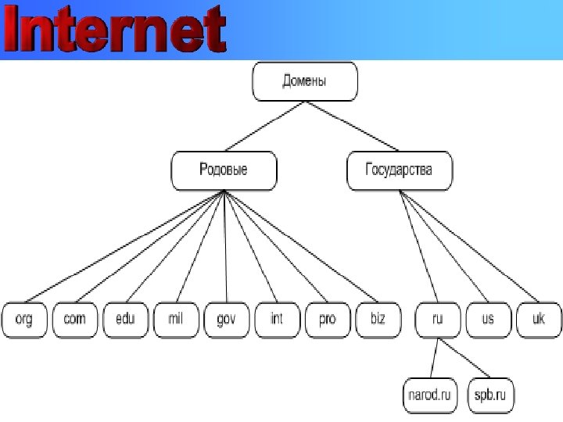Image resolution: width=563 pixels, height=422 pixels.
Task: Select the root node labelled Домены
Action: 304,82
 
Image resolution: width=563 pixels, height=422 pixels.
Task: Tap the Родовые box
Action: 224,171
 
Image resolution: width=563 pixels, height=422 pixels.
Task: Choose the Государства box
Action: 399,171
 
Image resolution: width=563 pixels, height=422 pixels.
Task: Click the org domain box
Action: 24,320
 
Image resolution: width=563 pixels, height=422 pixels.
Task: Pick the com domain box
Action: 75,320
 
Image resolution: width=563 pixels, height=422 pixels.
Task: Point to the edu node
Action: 125,320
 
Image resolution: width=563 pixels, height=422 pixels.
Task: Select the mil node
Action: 175,320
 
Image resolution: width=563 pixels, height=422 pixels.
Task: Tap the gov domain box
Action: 226,320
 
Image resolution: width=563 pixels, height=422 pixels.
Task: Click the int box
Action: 276,320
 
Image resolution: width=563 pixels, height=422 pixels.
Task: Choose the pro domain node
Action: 327,320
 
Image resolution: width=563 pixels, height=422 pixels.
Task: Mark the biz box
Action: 377,320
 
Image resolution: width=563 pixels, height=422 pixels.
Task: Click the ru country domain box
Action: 438,320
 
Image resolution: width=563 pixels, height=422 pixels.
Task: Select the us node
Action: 488,320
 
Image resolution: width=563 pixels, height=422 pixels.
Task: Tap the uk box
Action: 538,320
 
